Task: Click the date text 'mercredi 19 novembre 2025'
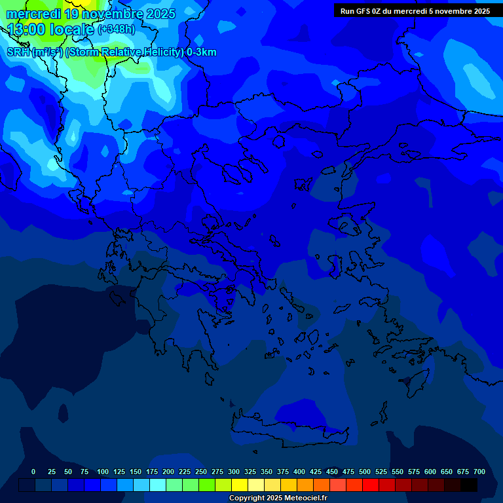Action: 91,14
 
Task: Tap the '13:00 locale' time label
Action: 50,29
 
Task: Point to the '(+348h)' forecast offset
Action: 116,29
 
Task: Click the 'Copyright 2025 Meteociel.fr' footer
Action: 278,498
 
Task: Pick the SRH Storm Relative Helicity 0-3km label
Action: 111,52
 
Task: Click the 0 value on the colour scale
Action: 33,472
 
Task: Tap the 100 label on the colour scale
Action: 103,472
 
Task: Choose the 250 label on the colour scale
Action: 201,472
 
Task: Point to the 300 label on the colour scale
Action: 234,472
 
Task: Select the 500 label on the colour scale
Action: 365,472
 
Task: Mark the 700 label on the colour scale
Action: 479,472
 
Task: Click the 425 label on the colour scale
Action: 316,472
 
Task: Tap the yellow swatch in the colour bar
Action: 240,485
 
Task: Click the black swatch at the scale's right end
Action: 469,485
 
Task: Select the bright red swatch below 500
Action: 371,485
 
